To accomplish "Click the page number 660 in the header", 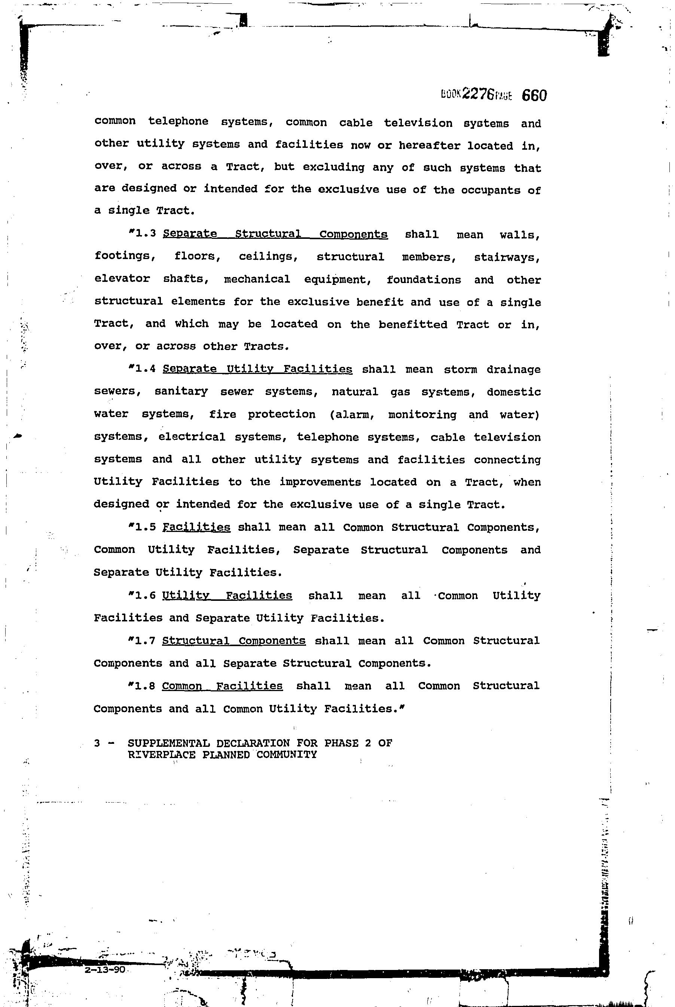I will [534, 95].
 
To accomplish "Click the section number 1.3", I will [145, 234].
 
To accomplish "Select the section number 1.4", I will [145, 369].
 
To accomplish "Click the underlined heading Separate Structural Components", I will [275, 234].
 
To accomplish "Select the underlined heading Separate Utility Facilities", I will [257, 369].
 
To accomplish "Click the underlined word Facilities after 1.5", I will [196, 527].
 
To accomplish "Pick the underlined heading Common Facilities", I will [222, 686].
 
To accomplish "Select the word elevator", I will [122, 279].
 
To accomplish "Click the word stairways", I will [507, 258].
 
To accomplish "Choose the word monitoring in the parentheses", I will [422, 414].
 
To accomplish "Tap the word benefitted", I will [413, 324].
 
